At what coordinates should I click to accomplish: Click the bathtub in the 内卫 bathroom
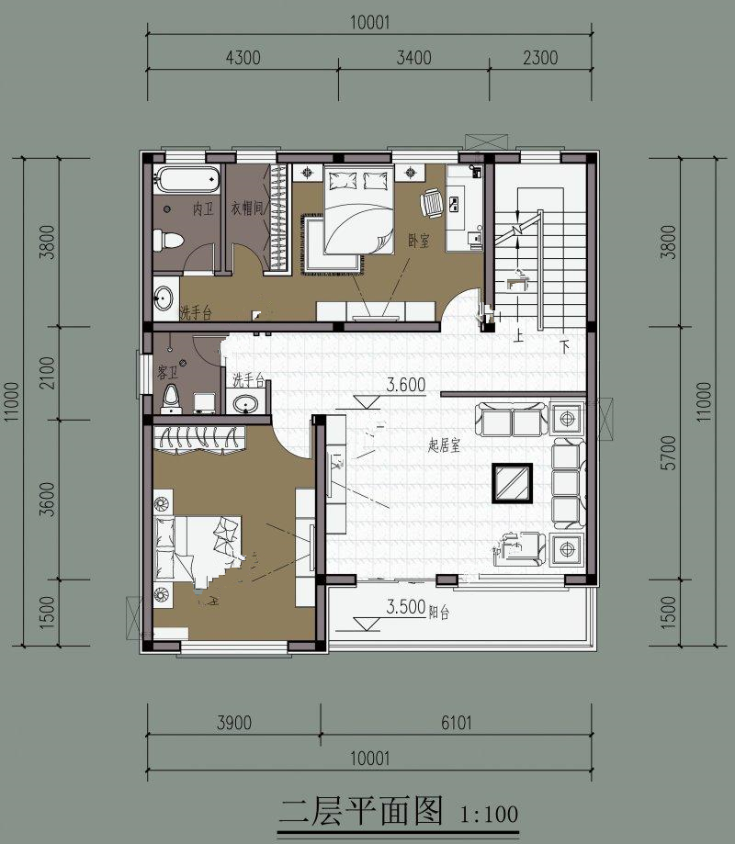(x=187, y=179)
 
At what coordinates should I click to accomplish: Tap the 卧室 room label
(x=419, y=241)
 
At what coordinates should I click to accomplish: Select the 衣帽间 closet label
(x=249, y=208)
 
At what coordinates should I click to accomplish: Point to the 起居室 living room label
(x=445, y=445)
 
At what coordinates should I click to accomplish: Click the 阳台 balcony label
(x=439, y=612)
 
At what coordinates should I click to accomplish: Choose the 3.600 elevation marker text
(x=406, y=385)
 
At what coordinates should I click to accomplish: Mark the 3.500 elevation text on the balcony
(x=406, y=607)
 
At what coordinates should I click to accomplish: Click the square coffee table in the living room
(x=512, y=483)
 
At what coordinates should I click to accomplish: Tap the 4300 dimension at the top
(x=243, y=58)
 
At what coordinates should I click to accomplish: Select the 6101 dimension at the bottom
(x=457, y=723)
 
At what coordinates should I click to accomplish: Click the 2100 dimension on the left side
(x=48, y=373)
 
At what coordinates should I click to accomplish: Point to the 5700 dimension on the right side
(x=668, y=453)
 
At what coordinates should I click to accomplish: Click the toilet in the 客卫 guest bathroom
(x=171, y=399)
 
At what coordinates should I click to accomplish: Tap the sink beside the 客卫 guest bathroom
(x=245, y=401)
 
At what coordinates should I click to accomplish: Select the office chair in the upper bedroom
(x=431, y=203)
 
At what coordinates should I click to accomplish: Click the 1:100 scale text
(x=490, y=814)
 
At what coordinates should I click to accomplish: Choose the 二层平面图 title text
(x=362, y=811)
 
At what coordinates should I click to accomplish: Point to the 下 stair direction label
(x=564, y=346)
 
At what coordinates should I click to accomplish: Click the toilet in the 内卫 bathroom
(x=167, y=240)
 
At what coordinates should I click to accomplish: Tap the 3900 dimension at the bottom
(x=234, y=723)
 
